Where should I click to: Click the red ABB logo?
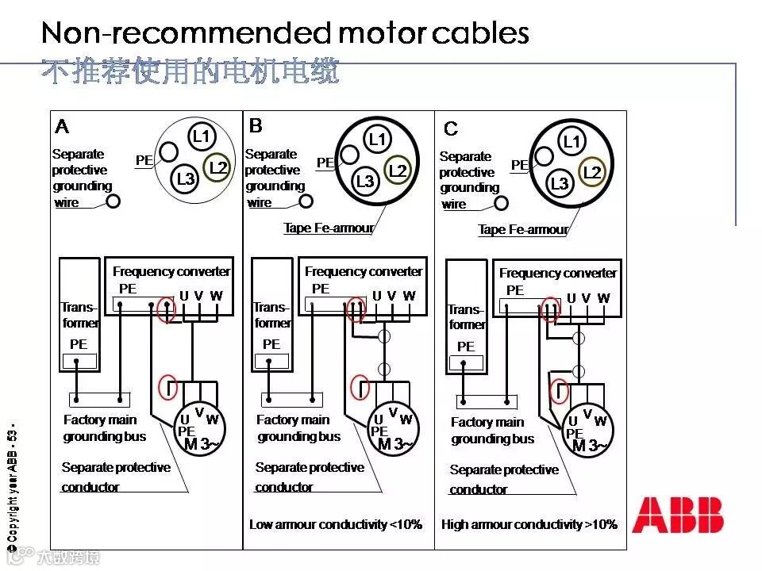pos(678,515)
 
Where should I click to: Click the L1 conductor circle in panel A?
pos(202,136)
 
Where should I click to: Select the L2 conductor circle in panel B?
pos(398,171)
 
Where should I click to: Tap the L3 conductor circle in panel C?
pos(560,184)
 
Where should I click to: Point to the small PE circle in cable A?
pos(168,151)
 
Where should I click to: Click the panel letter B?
pos(256,125)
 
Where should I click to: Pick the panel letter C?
pos(451,128)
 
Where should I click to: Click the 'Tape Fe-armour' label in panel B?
pos(328,228)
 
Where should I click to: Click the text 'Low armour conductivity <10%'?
pos(336,524)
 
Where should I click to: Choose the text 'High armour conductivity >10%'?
pos(529,524)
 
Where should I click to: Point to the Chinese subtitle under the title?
pos(190,72)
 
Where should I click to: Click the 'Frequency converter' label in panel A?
pos(171,271)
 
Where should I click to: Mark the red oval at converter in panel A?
pos(167,308)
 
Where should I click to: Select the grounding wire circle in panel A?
pos(114,201)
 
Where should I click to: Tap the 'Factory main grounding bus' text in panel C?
pos(492,431)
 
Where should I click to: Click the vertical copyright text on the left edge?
pos(11,489)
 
